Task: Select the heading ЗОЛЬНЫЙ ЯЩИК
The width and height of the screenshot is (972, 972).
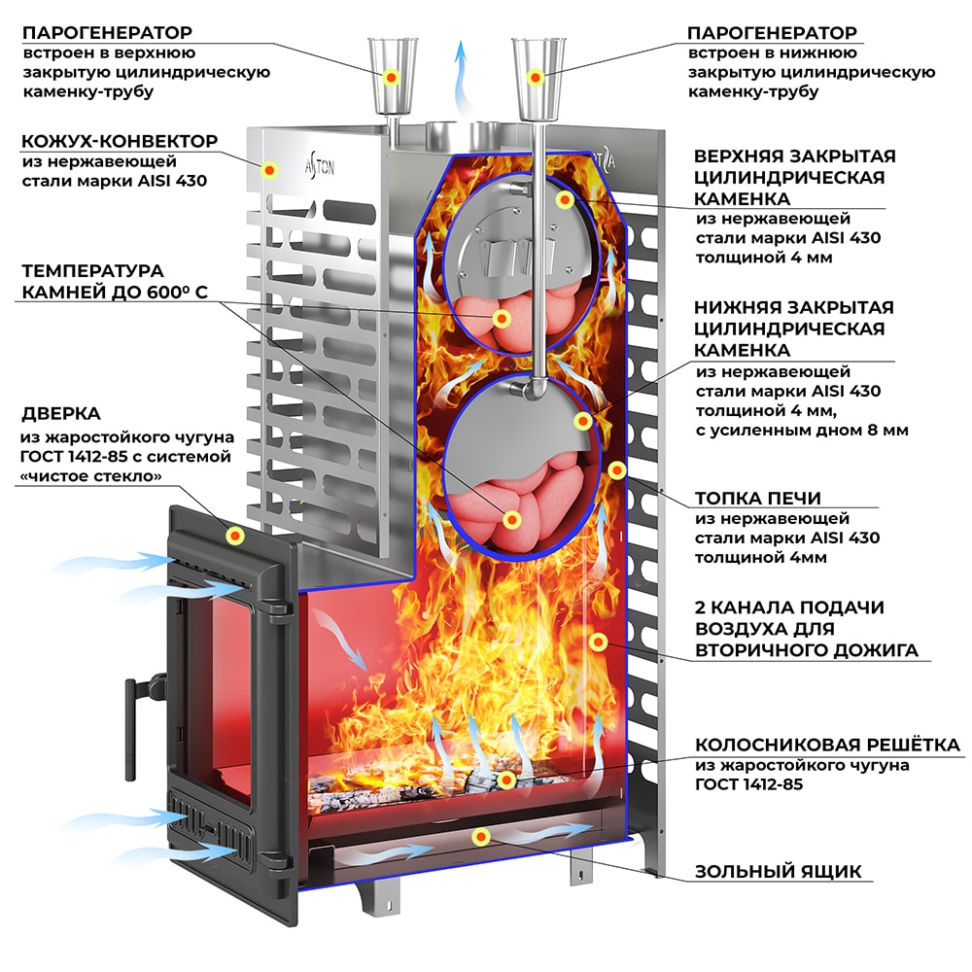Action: click(x=778, y=871)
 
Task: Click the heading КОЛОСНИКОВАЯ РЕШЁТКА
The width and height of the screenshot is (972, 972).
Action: click(x=827, y=746)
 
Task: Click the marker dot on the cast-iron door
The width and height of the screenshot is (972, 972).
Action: click(x=235, y=535)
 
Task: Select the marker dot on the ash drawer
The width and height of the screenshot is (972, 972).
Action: click(x=478, y=835)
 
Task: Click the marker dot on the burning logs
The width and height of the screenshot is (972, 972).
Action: click(x=505, y=780)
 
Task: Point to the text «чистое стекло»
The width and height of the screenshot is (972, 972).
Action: click(x=90, y=475)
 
